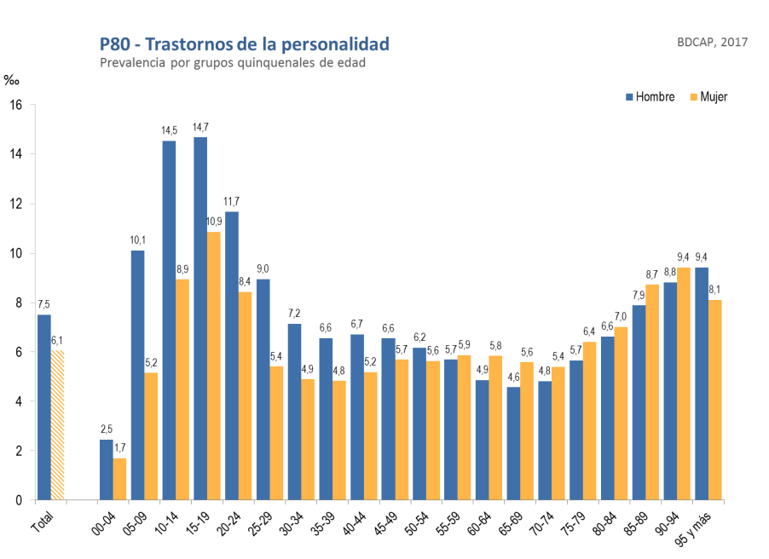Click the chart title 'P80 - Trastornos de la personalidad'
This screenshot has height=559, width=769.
(244, 44)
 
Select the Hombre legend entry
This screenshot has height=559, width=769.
(650, 97)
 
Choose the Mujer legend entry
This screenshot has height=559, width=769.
(708, 97)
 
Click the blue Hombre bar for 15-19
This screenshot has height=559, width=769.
(200, 319)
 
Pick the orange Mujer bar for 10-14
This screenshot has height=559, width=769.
(182, 389)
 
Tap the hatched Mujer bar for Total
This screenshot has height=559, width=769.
(57, 425)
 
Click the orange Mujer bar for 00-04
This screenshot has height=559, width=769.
(120, 479)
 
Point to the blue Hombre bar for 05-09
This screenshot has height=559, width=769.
(138, 375)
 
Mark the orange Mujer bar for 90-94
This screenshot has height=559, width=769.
(684, 383)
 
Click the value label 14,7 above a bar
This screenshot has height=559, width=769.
(200, 128)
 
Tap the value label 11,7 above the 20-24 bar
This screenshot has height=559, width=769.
(232, 202)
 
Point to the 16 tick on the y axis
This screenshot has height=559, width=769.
(16, 105)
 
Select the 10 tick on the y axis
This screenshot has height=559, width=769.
(16, 253)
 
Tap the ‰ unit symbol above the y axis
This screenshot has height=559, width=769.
(11, 81)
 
